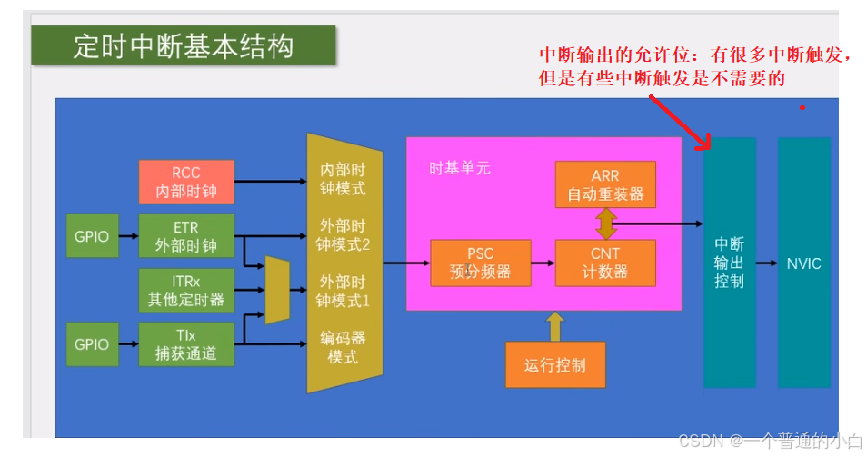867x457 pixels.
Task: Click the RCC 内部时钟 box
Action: (186, 182)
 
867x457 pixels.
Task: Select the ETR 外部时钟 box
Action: (186, 236)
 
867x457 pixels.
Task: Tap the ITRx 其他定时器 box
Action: (186, 290)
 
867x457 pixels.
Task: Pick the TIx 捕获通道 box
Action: (186, 343)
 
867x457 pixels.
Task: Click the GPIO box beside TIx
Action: (92, 343)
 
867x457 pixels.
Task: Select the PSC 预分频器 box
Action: (480, 262)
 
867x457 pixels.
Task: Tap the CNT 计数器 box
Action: (604, 262)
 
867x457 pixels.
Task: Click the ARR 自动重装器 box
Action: (604, 184)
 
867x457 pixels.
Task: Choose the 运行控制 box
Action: (554, 365)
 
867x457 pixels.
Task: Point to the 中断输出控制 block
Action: (729, 263)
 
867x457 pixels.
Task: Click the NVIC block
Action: (803, 263)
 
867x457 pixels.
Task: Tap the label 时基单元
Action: (460, 168)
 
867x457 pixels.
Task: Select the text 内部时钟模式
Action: (341, 179)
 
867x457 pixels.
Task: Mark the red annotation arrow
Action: (679, 120)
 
